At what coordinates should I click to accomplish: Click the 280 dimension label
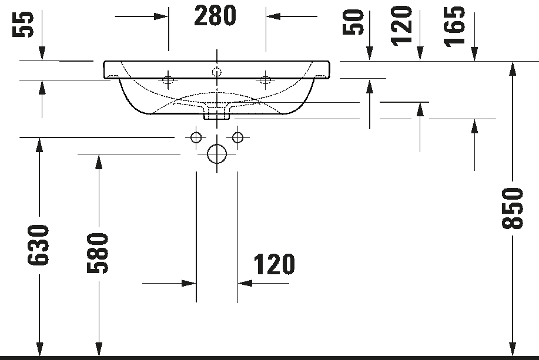[x=215, y=16]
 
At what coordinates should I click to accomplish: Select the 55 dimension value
[x=23, y=24]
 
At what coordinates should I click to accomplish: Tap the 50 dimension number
[x=353, y=22]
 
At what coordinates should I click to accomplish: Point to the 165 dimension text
[x=454, y=26]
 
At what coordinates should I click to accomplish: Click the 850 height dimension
[x=512, y=208]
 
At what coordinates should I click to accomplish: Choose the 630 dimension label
[x=38, y=245]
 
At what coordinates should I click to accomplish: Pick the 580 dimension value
[x=98, y=253]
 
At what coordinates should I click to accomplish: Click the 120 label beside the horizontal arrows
[x=274, y=264]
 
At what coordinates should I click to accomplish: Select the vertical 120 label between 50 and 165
[x=401, y=25]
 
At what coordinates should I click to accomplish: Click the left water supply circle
[x=196, y=138]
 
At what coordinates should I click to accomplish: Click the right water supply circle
[x=237, y=138]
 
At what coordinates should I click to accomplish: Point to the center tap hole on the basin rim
[x=216, y=72]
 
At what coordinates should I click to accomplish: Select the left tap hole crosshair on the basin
[x=168, y=80]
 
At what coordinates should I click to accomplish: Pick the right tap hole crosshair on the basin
[x=265, y=80]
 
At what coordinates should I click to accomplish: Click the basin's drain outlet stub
[x=216, y=113]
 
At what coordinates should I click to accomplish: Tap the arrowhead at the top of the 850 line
[x=512, y=69]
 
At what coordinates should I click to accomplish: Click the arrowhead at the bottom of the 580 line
[x=99, y=349]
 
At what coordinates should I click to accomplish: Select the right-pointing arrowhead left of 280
[x=161, y=16]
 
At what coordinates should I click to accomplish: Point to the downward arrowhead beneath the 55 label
[x=42, y=53]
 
